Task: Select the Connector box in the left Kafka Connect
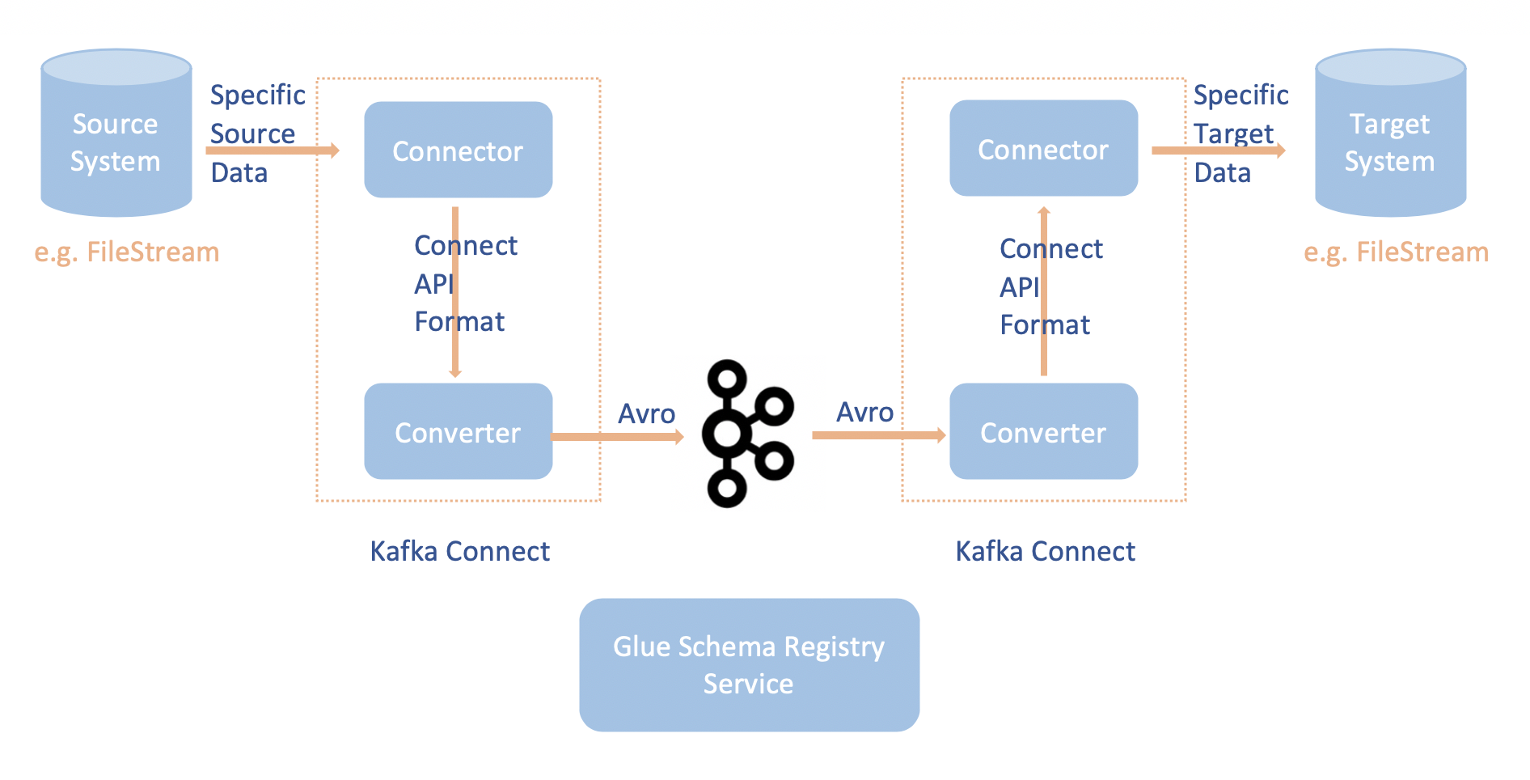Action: [x=458, y=150]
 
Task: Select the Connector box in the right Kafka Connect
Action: [x=1043, y=148]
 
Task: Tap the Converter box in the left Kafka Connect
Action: [x=458, y=431]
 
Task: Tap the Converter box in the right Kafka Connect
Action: [x=1043, y=431]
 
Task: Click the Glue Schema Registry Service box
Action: [x=749, y=664]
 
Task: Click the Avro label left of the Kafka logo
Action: [x=646, y=413]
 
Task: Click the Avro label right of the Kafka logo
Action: [x=864, y=412]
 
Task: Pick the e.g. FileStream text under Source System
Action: [x=127, y=252]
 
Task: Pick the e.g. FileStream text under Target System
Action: [x=1396, y=252]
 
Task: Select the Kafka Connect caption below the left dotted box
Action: [x=459, y=551]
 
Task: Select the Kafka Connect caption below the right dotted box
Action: [x=1045, y=551]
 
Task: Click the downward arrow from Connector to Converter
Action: [x=455, y=356]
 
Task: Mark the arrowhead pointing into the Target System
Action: [x=1279, y=150]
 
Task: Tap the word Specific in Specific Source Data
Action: [x=257, y=95]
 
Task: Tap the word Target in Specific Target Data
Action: [x=1233, y=134]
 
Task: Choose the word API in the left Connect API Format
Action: [x=433, y=284]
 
